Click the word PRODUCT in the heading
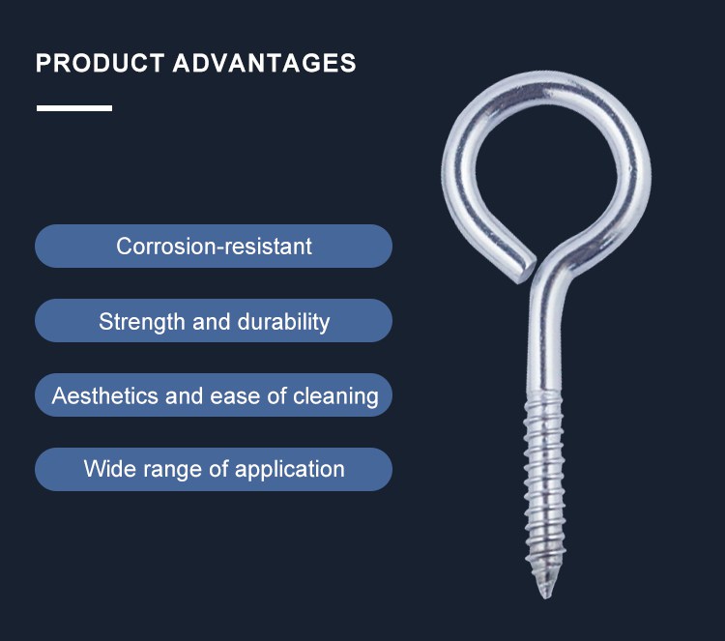click(100, 63)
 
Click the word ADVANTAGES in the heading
click(265, 63)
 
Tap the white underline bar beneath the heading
click(74, 108)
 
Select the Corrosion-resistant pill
click(214, 246)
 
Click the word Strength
click(141, 322)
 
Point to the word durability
click(283, 322)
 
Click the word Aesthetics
click(105, 395)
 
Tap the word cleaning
click(335, 396)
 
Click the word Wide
click(110, 469)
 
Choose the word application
click(289, 470)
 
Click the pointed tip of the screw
click(545, 597)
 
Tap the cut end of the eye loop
click(526, 272)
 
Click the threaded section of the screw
click(545, 490)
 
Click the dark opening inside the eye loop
click(546, 176)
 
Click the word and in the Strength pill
click(212, 322)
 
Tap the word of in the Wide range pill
click(218, 469)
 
